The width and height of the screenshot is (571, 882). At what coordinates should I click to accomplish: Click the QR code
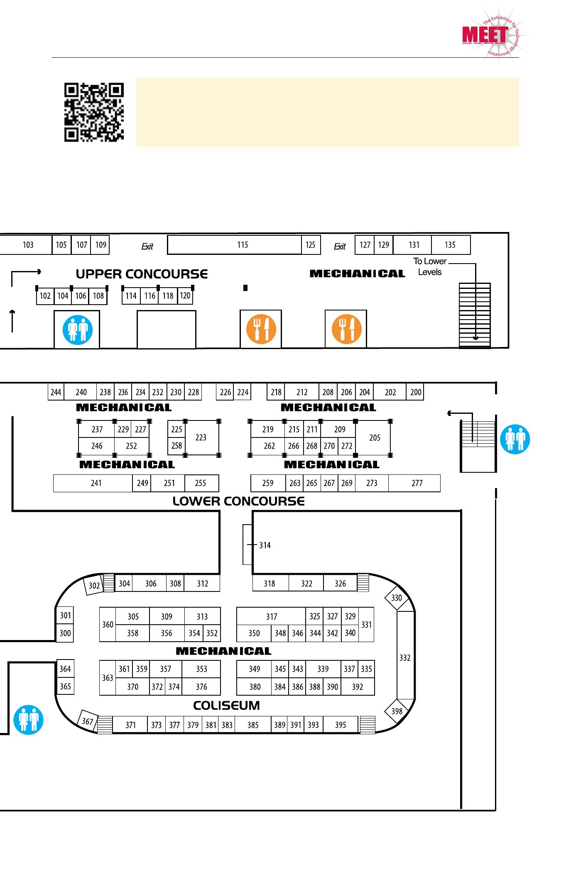click(94, 112)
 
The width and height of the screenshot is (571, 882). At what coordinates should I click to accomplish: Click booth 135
click(450, 245)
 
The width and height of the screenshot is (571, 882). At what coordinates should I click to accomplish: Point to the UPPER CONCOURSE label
click(142, 274)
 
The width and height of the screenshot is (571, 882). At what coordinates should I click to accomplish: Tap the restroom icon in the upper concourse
click(77, 330)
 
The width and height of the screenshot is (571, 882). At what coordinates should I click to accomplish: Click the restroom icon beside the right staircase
click(515, 439)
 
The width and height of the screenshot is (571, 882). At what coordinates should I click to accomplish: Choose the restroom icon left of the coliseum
click(28, 720)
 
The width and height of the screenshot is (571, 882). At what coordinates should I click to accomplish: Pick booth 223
click(201, 437)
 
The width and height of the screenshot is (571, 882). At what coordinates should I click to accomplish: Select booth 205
click(374, 437)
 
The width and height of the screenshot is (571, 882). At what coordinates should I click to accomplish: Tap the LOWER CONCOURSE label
click(238, 501)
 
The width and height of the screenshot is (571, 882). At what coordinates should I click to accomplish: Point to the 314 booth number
click(265, 545)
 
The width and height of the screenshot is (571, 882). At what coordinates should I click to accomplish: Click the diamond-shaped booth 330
click(397, 598)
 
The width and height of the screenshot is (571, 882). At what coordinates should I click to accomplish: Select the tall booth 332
click(405, 657)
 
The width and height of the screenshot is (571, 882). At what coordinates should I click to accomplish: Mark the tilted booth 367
click(88, 721)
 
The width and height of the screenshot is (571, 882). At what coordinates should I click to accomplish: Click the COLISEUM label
click(226, 706)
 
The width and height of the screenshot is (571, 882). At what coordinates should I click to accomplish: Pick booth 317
click(271, 616)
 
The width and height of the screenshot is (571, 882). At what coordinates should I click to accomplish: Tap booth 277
click(417, 483)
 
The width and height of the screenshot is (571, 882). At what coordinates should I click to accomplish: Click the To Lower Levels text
click(429, 267)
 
